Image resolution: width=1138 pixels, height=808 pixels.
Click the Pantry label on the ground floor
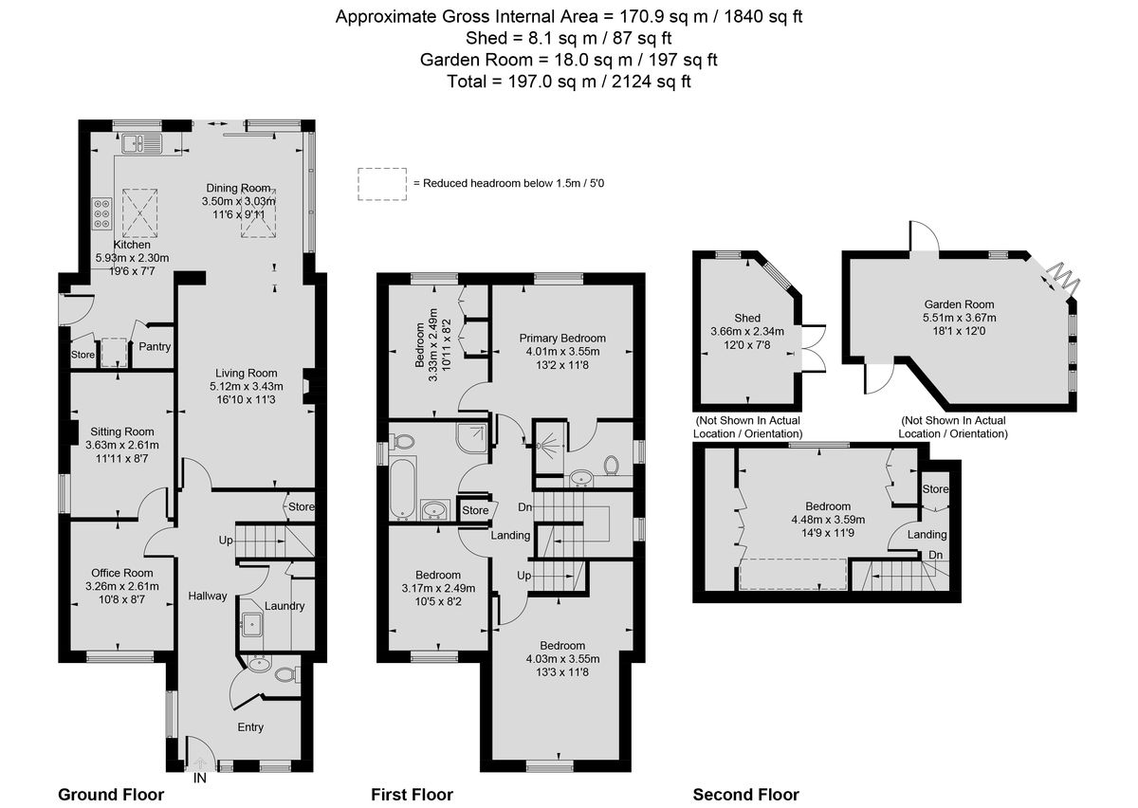tap(155, 346)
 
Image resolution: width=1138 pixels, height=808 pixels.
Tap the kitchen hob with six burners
tap(102, 213)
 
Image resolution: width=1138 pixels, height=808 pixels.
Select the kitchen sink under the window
tap(141, 144)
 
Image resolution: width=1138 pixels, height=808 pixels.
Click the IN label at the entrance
tap(200, 778)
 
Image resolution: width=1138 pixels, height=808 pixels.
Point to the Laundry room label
tap(284, 606)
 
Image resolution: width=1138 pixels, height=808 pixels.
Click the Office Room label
tap(122, 573)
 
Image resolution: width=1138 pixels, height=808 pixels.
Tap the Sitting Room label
tap(122, 432)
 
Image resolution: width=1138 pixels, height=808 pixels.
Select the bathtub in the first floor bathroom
tap(403, 489)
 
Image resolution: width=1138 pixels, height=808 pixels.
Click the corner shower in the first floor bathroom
tap(472, 438)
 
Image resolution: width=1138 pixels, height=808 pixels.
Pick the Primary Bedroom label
tap(562, 339)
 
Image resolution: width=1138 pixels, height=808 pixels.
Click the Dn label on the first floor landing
tap(524, 507)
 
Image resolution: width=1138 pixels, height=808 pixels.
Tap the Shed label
tap(747, 318)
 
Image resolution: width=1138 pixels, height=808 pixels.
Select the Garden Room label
tap(959, 304)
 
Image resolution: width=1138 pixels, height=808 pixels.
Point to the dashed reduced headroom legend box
tap(382, 184)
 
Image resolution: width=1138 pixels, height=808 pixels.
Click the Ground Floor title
tap(111, 795)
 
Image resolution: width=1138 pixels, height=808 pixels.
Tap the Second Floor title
tap(745, 795)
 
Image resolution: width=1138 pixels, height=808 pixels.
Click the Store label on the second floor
tap(935, 488)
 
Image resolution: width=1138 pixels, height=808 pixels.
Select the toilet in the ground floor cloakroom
tap(286, 675)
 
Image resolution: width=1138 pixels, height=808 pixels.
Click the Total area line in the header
tap(568, 82)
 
